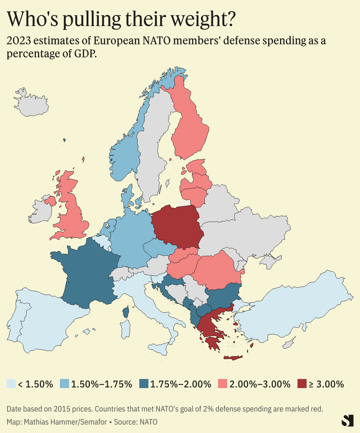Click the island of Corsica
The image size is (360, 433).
126,311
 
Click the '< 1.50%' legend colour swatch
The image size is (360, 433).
11,384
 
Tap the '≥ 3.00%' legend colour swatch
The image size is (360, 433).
303,384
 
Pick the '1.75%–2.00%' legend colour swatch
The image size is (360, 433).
144,384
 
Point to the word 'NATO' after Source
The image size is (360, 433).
148,422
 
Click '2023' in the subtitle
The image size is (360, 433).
18,41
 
